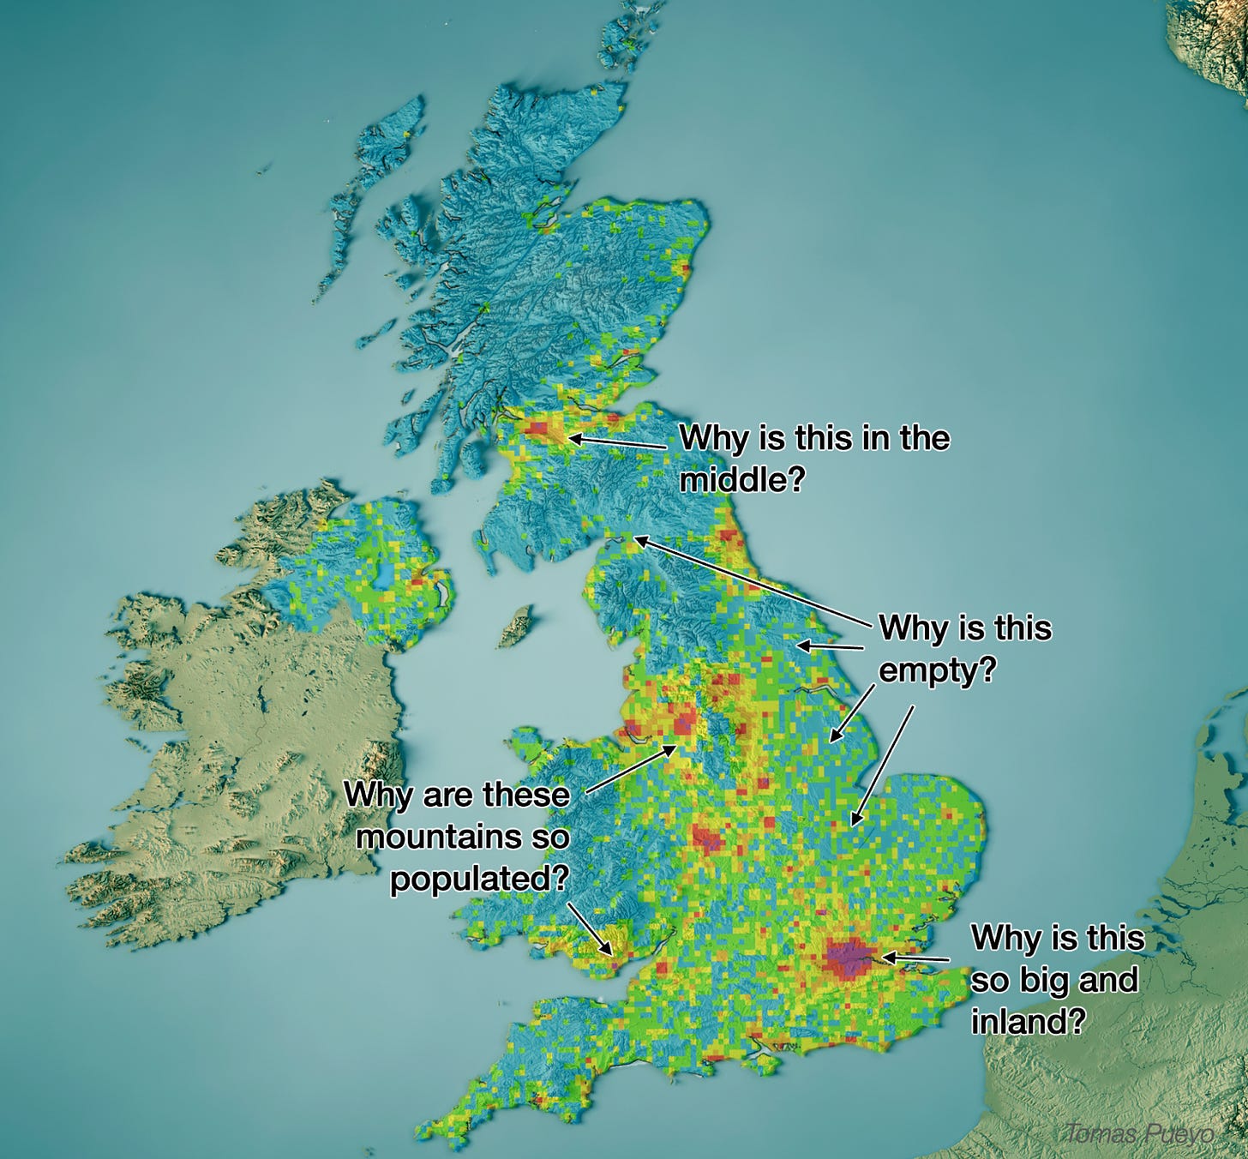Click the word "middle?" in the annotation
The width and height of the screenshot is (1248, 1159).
click(x=741, y=479)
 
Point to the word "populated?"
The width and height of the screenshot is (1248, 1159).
click(x=478, y=879)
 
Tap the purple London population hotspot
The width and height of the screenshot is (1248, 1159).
click(x=848, y=958)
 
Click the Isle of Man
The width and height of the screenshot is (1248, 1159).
click(x=516, y=627)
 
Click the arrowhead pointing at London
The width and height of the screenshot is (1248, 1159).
click(x=885, y=956)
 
